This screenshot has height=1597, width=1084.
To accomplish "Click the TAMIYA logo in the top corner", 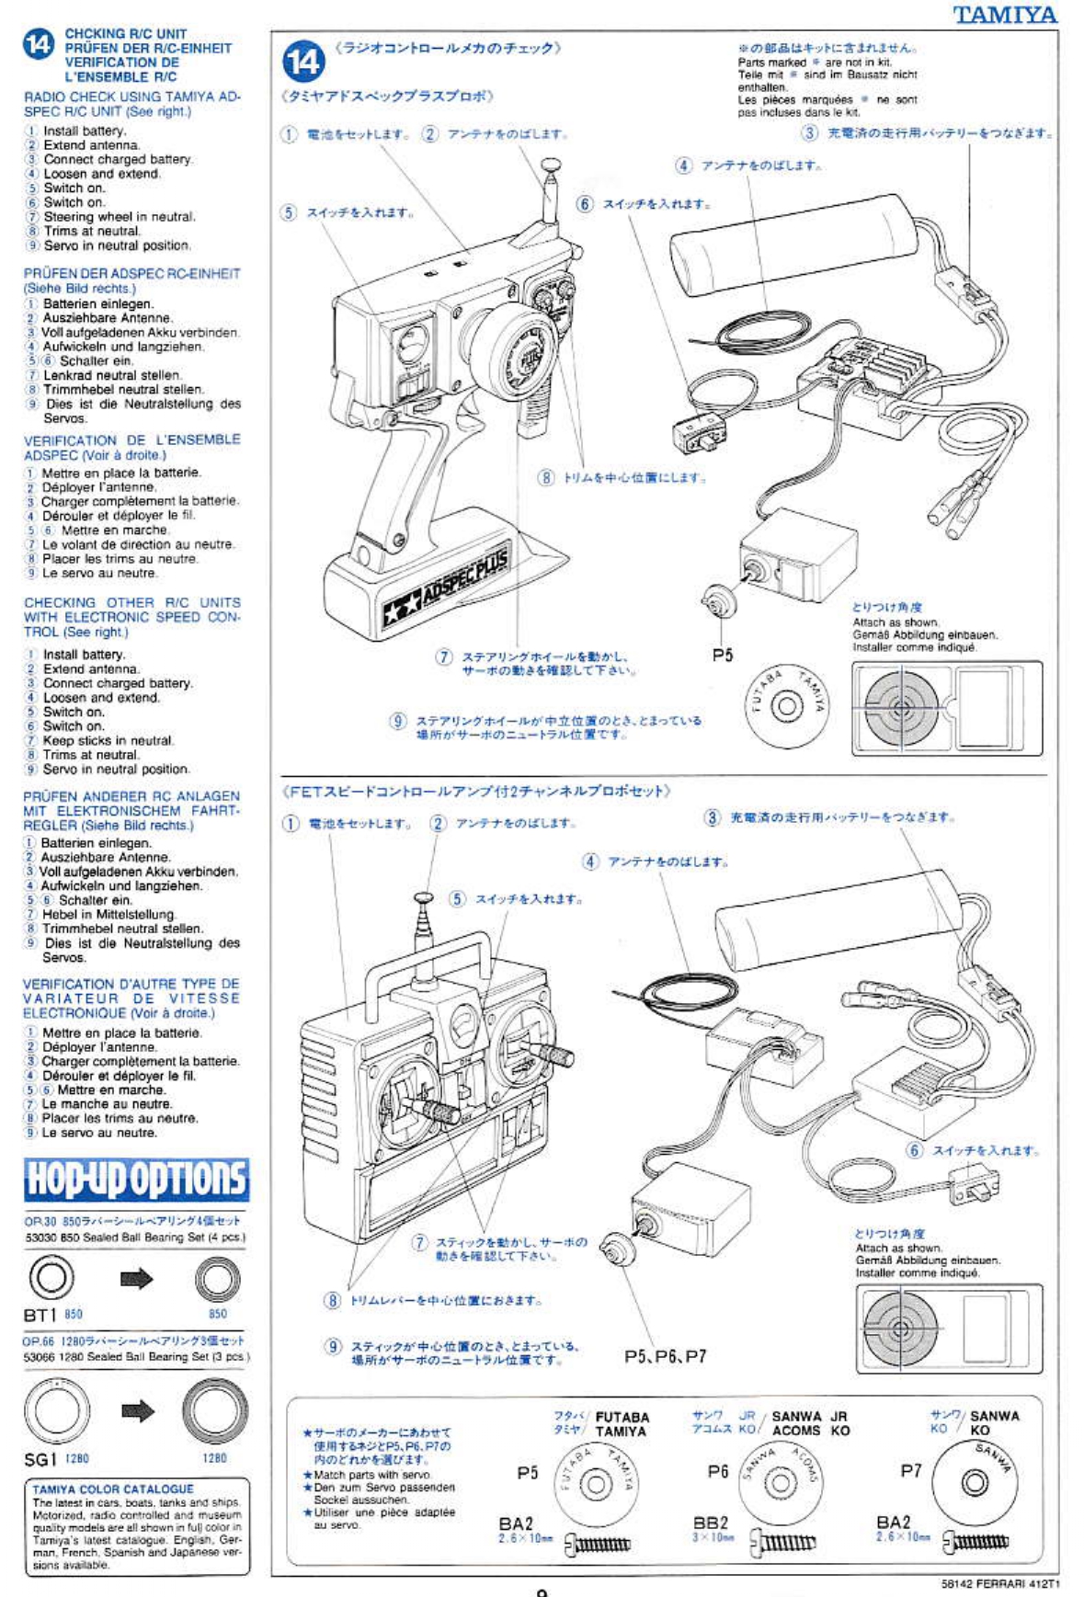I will point(1004,15).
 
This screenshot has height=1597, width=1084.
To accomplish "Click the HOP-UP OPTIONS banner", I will point(136,1180).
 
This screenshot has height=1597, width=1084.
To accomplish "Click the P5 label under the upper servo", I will point(723,655).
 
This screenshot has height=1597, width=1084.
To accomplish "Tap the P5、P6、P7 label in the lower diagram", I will point(665,1356).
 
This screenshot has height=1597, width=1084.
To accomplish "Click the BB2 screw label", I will point(710,1523).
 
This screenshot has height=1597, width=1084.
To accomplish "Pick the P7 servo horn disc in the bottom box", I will point(975,1482).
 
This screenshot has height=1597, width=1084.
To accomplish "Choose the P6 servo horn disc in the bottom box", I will point(780,1482).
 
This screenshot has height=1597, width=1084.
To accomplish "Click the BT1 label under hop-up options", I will point(40,1315).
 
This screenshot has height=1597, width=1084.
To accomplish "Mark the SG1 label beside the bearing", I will point(40,1459).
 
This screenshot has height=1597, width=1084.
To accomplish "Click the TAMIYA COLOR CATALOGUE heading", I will point(113,1489).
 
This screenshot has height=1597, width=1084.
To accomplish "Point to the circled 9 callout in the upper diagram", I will point(397,721).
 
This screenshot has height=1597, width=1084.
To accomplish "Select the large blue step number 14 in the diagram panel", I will point(303,62).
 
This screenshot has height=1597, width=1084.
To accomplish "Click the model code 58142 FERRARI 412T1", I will point(1000,1584).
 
